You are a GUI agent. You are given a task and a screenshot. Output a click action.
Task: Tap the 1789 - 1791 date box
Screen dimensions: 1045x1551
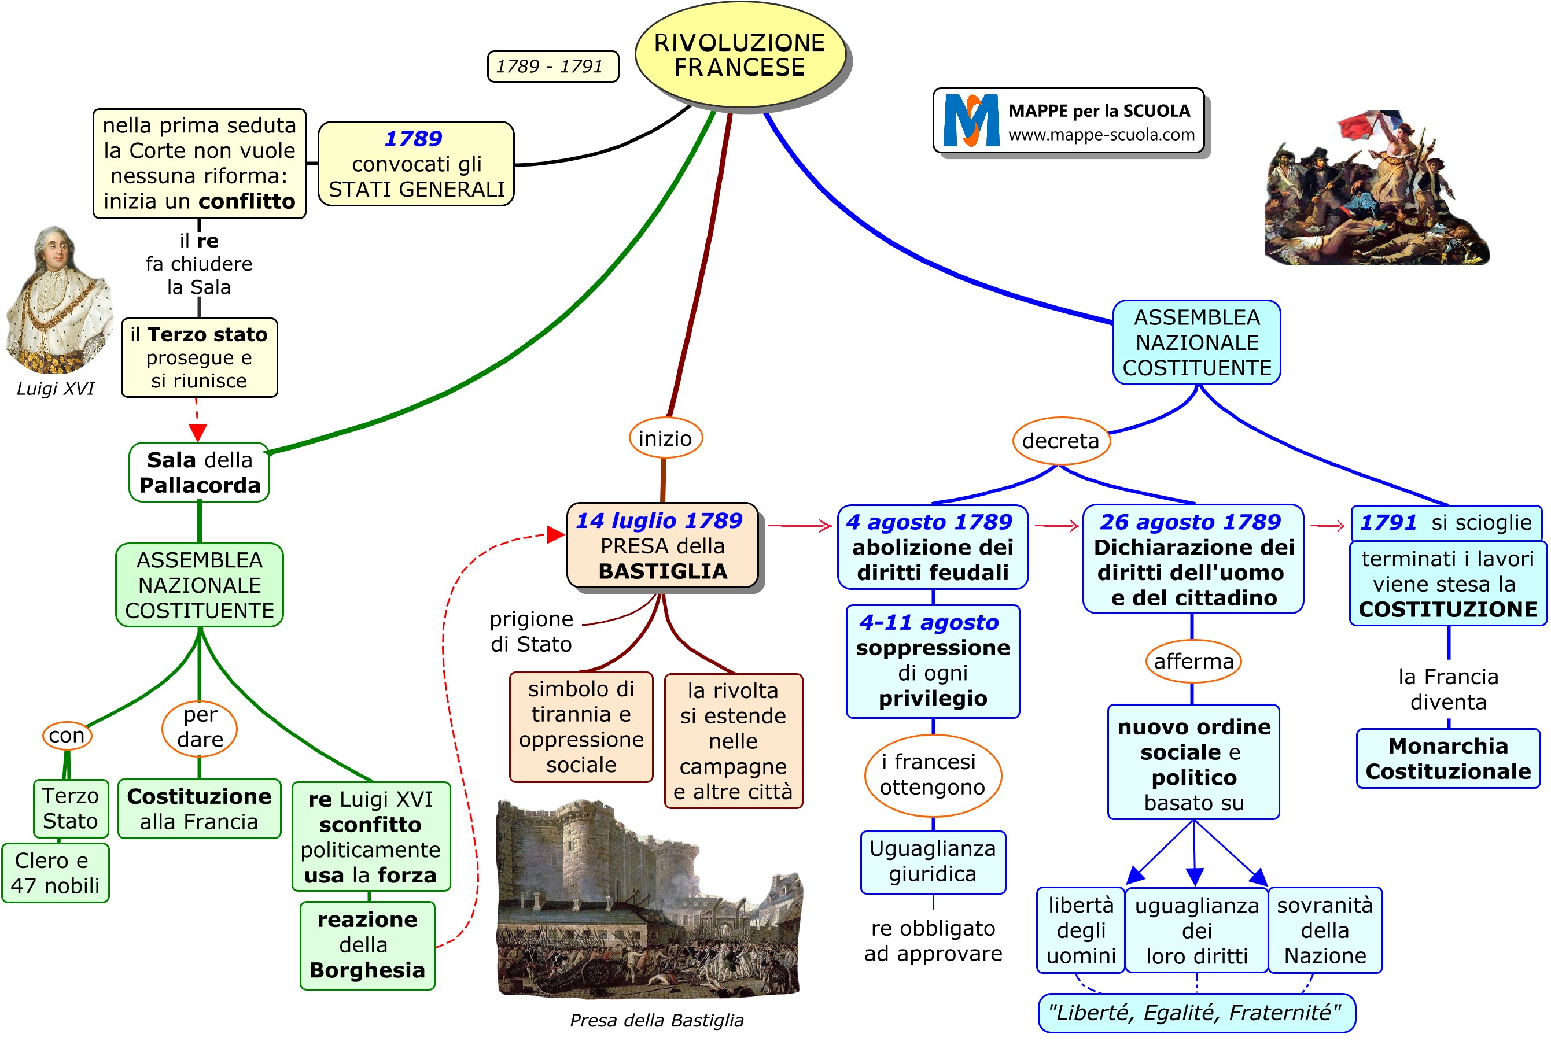[x=552, y=67]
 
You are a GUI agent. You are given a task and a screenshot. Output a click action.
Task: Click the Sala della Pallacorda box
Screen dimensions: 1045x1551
[x=199, y=472]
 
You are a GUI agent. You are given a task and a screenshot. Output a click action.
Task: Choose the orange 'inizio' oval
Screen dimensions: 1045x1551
[x=665, y=438]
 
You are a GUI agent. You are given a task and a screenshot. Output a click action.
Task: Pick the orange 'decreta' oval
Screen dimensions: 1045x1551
[x=1060, y=441]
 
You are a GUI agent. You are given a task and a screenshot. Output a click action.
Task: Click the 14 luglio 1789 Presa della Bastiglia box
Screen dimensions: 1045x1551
[x=662, y=546]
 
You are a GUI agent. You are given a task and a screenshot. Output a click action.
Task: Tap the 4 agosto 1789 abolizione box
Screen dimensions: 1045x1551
[x=933, y=547]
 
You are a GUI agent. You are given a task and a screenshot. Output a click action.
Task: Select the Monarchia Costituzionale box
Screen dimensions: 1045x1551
[x=1447, y=758]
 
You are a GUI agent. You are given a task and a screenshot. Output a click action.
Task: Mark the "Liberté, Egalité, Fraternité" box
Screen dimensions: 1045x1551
[x=1196, y=1013]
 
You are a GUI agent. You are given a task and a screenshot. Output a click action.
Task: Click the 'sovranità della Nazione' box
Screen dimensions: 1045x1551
[x=1324, y=930]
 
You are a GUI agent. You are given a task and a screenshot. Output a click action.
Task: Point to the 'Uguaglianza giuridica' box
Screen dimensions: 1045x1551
[x=933, y=861]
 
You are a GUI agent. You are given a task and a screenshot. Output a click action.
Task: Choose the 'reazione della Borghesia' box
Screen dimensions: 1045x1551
[x=367, y=945]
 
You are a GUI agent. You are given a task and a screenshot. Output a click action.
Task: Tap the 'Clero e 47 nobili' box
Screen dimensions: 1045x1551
[x=56, y=873]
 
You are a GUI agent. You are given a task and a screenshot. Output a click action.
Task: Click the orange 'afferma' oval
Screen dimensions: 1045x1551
[x=1193, y=661]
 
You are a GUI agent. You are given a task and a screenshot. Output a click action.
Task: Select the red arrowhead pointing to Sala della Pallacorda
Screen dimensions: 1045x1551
[x=198, y=433]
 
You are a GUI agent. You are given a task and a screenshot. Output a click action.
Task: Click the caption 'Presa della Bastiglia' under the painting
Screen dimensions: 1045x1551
[x=657, y=1020]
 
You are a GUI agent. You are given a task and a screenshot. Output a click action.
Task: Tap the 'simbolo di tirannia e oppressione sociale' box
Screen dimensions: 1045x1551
[x=581, y=727]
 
